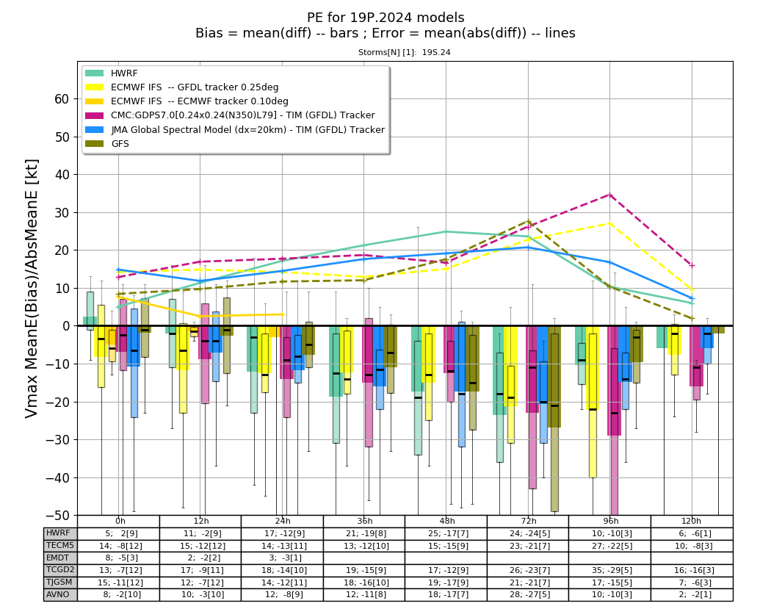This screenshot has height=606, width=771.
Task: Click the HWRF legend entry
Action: [x=111, y=73]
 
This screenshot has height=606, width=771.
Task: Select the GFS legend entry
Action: [x=107, y=144]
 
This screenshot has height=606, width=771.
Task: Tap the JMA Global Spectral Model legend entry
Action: [x=235, y=129]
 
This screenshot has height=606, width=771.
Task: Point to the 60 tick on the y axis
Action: [x=62, y=99]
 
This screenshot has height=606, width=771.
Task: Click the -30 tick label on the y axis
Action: [x=57, y=440]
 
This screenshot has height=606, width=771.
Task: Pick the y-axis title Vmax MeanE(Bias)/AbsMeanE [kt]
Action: [x=32, y=288]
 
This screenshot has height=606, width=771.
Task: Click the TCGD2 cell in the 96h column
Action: [x=609, y=570]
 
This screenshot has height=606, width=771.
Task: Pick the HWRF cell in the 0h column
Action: [x=118, y=533]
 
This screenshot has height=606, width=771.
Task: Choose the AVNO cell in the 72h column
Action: [x=528, y=594]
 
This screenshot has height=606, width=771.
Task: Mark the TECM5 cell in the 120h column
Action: [x=692, y=546]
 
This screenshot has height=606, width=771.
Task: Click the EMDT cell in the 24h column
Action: [x=282, y=558]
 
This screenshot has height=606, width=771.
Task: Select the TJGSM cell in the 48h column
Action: [x=446, y=582]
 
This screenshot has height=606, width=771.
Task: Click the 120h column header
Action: [x=692, y=522]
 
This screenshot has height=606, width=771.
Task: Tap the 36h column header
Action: [x=364, y=522]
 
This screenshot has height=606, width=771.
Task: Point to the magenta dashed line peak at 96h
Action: [x=609, y=195]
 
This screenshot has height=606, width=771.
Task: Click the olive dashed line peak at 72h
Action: [x=528, y=221]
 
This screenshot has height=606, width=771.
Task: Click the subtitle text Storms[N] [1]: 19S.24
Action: [x=404, y=52]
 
